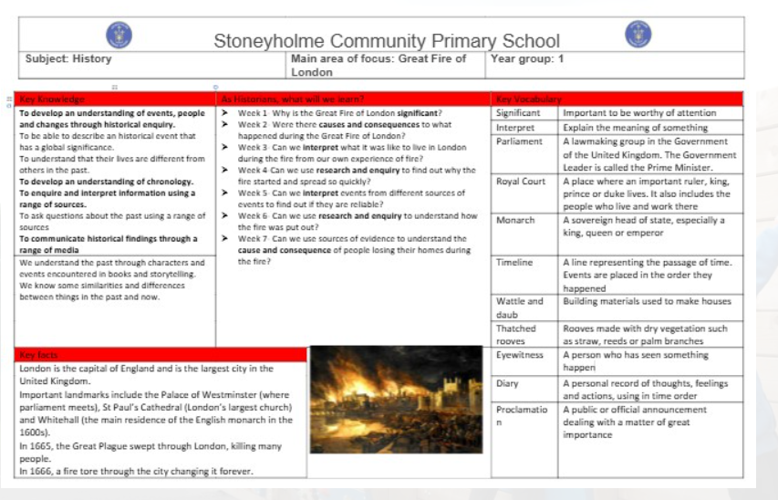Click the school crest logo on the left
click(x=119, y=36)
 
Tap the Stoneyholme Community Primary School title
click(x=387, y=41)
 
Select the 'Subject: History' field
click(x=68, y=59)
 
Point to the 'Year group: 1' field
click(x=528, y=59)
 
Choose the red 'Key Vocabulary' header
click(x=529, y=99)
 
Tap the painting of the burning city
click(x=396, y=399)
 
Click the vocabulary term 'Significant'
click(x=519, y=113)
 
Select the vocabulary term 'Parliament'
click(x=519, y=141)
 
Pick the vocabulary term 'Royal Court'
click(x=521, y=181)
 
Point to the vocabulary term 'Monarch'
click(x=515, y=221)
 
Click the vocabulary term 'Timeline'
click(x=514, y=263)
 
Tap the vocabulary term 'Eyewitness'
click(x=520, y=355)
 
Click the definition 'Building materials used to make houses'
click(x=647, y=302)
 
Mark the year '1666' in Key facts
click(x=42, y=471)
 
